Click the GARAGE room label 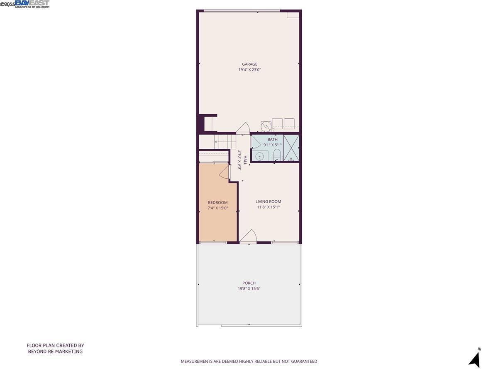point(249,64)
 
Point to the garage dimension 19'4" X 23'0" point(249,70)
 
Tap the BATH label point(272,139)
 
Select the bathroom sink point(259,156)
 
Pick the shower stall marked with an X point(291,148)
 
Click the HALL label point(245,160)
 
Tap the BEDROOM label point(217,202)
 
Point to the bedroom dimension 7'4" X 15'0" point(217,208)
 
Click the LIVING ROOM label point(268,202)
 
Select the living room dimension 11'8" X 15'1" point(268,207)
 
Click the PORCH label point(249,283)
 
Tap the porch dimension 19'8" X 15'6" point(249,289)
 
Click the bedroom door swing point(225,171)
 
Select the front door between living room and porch point(249,236)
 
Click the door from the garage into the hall point(243,128)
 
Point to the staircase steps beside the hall point(225,141)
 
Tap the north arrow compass point(475,358)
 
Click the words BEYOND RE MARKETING point(55,352)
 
